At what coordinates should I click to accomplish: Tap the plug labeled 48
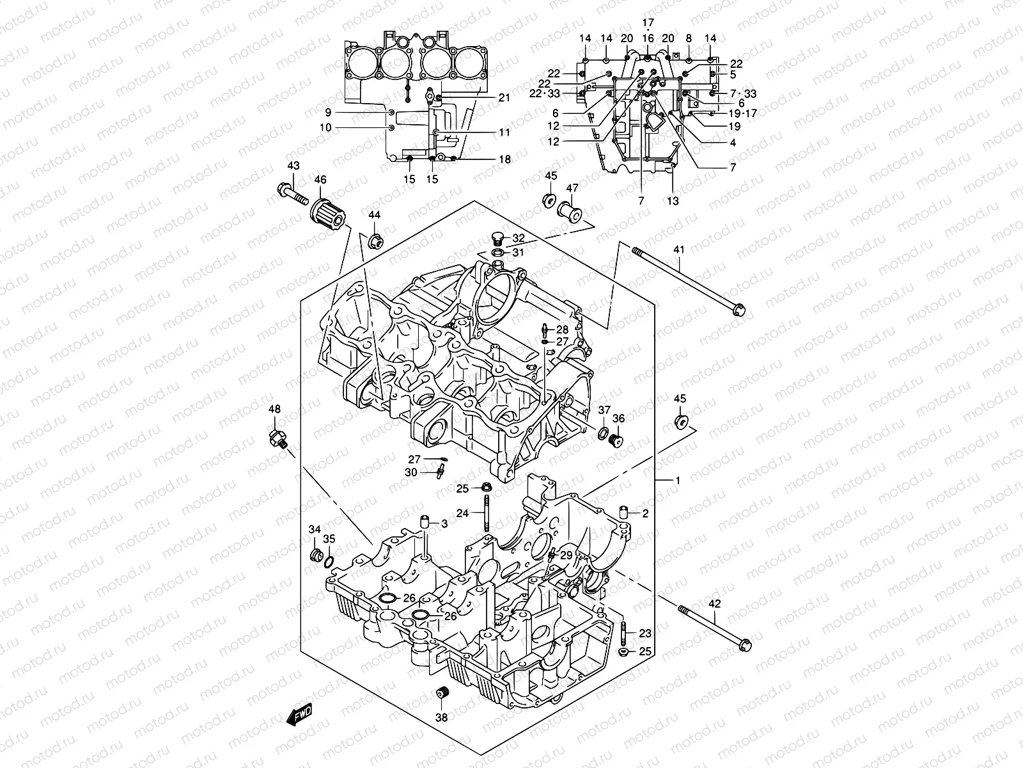[x=278, y=438]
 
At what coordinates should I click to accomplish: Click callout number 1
[x=678, y=480]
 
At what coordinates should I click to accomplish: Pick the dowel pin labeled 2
[x=626, y=513]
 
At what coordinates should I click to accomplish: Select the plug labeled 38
[x=441, y=694]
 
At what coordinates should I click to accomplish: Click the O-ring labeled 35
[x=328, y=562]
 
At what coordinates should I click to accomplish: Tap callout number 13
[x=673, y=201]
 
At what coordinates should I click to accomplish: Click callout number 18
[x=505, y=159]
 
